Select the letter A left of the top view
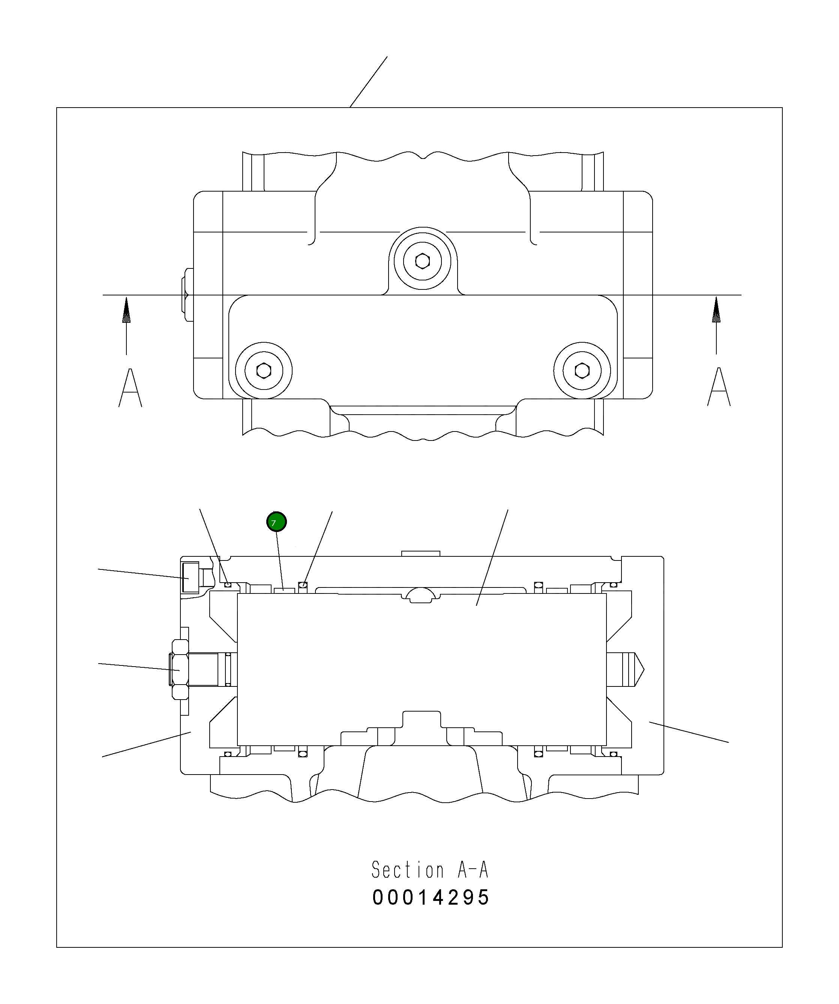tap(130, 388)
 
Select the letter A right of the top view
tap(719, 387)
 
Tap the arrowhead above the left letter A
tap(126, 311)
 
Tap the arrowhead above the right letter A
tap(716, 311)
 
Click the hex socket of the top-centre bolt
tap(422, 261)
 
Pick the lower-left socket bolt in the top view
tap(264, 370)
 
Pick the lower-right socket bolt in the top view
tap(582, 370)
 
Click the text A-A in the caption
tap(473, 870)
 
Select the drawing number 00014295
tap(431, 898)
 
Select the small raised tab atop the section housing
tap(420, 554)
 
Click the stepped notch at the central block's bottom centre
tap(421, 727)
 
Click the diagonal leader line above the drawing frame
tap(368, 82)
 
